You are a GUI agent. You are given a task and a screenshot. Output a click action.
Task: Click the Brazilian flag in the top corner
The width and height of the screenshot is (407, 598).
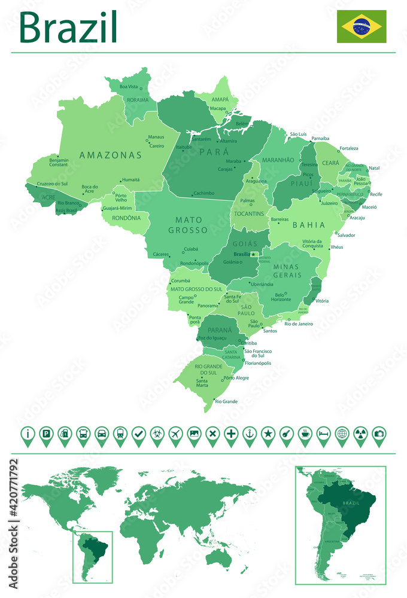coord(361,26)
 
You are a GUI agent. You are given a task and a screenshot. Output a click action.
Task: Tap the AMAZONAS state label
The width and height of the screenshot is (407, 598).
coord(111,155)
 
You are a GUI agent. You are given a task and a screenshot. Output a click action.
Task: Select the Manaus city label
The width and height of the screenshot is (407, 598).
coord(156,137)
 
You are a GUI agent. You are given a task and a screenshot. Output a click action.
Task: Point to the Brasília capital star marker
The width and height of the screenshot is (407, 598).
coord(254,254)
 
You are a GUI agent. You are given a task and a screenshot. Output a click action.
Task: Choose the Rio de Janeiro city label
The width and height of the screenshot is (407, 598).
coord(299,324)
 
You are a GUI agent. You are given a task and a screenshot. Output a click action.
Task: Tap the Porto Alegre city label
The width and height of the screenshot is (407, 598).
coord(236,378)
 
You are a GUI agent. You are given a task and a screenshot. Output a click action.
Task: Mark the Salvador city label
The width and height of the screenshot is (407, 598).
coord(347,235)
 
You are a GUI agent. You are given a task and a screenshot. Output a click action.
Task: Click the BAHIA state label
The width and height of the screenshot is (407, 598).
coord(309,225)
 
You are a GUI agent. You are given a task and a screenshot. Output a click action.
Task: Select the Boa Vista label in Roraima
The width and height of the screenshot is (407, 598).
coord(129,87)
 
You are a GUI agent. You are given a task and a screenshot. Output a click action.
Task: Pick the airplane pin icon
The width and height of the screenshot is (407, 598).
coord(175,434)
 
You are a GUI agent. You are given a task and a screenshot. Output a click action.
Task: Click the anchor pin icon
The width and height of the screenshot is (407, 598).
coord(250,434)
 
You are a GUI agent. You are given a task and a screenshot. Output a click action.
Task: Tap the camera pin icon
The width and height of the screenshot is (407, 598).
coord(379,434)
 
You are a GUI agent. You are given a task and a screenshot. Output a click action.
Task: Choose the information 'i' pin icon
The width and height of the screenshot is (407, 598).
coord(27,434)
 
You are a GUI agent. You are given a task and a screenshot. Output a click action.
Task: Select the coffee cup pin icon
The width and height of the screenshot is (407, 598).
coord(305,434)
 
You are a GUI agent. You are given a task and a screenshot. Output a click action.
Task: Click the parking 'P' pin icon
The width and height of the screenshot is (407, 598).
coord(45,434)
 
